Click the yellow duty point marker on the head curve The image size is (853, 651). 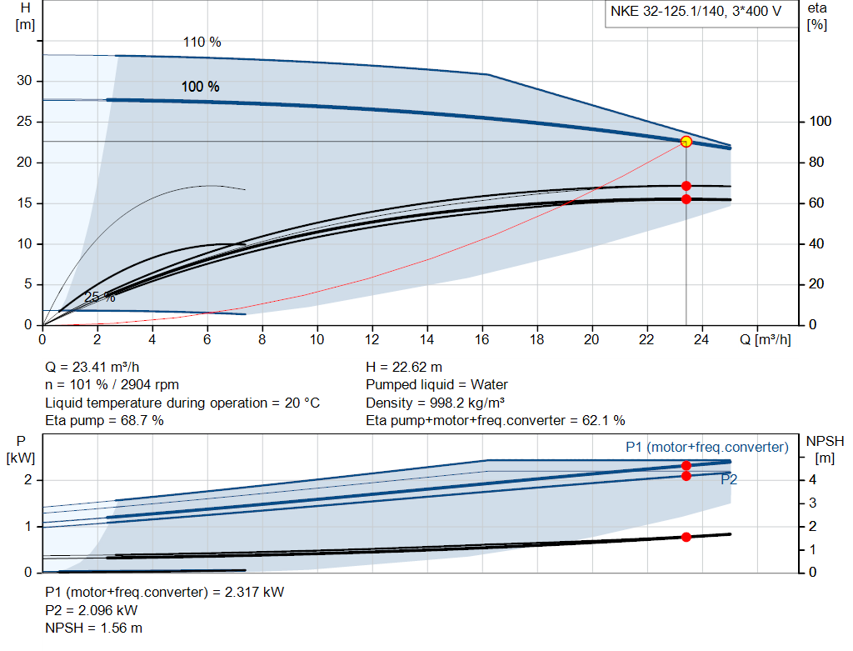pyautogui.click(x=686, y=142)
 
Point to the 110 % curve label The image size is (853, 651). pyautogui.click(x=202, y=43)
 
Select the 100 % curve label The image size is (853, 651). pyautogui.click(x=201, y=87)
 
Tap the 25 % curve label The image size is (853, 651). pyautogui.click(x=99, y=298)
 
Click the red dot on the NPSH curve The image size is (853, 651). pyautogui.click(x=686, y=537)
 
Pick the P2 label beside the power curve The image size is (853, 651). pyautogui.click(x=729, y=480)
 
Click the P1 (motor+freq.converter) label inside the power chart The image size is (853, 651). pyautogui.click(x=706, y=448)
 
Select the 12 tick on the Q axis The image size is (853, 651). pyautogui.click(x=372, y=339)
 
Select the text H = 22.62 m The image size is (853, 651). pyautogui.click(x=404, y=367)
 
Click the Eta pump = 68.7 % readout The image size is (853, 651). pyautogui.click(x=104, y=421)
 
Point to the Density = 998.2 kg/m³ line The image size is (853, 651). pyautogui.click(x=437, y=403)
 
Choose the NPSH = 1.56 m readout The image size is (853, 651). pyautogui.click(x=93, y=628)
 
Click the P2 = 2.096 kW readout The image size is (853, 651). pyautogui.click(x=92, y=610)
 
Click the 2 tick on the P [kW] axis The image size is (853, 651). pyautogui.click(x=28, y=480)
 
